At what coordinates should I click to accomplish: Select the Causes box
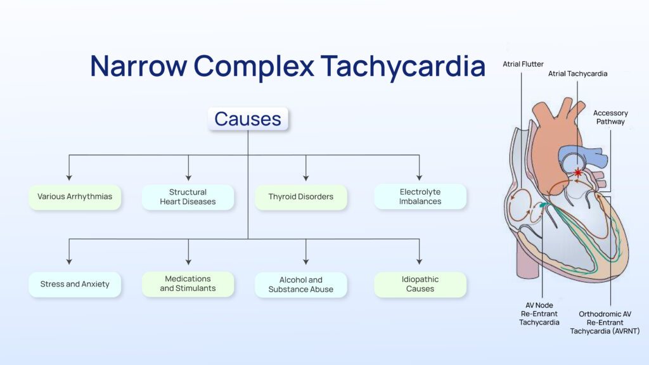click(x=248, y=118)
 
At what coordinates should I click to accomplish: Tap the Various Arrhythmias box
click(x=75, y=197)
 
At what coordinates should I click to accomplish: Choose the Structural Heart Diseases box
click(x=188, y=197)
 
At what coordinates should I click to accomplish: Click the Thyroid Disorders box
click(x=301, y=197)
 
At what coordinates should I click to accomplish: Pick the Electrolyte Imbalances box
click(x=420, y=197)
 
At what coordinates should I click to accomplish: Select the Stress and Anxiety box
click(x=75, y=285)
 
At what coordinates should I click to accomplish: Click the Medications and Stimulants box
click(x=188, y=284)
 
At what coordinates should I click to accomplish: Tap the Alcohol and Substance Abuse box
click(x=301, y=285)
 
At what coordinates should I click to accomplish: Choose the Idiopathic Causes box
click(x=420, y=285)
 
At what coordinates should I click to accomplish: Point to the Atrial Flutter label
click(x=523, y=64)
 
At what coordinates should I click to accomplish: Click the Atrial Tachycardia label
click(x=577, y=74)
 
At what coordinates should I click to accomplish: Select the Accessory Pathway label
click(x=610, y=117)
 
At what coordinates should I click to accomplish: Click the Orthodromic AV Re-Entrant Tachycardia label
click(x=605, y=322)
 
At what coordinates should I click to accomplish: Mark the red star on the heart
click(x=577, y=172)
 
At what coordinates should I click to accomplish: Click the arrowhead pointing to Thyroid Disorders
click(x=306, y=177)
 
